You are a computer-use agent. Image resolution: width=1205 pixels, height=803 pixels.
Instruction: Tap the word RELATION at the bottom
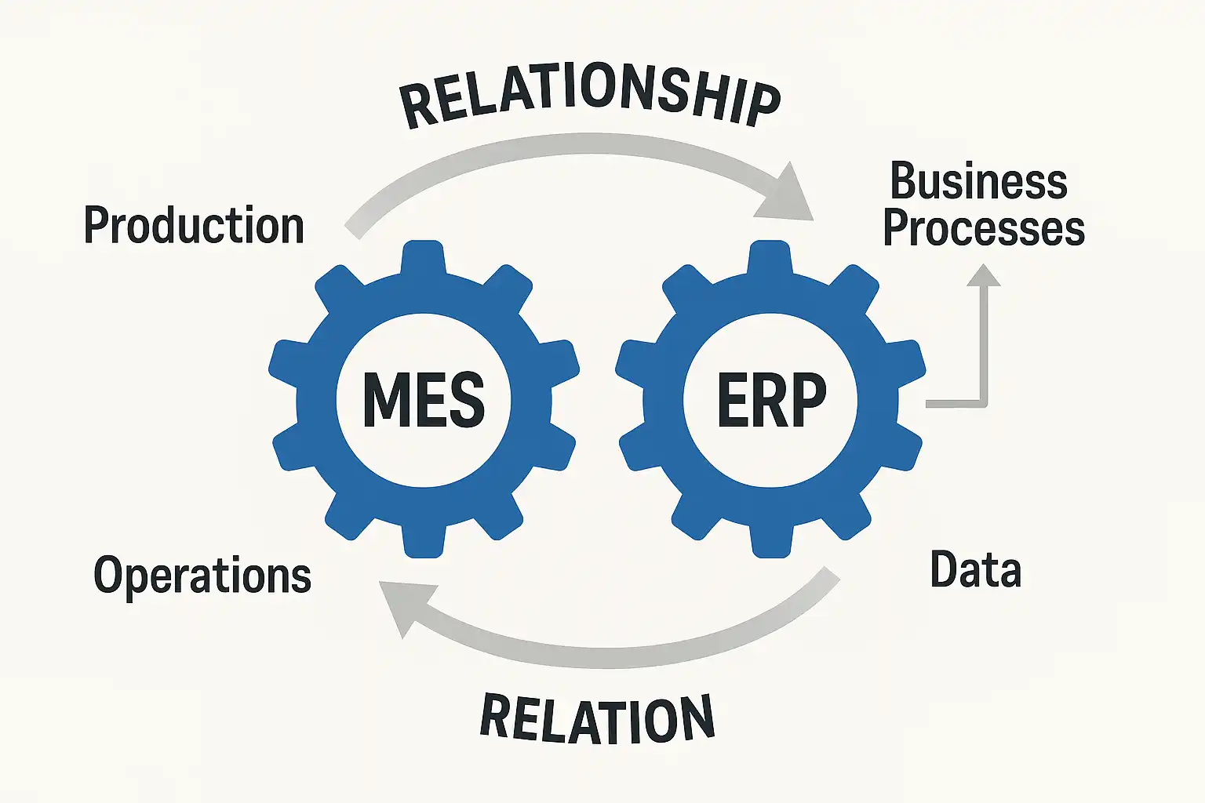(x=597, y=718)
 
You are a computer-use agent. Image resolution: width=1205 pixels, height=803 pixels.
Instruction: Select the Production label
(x=194, y=226)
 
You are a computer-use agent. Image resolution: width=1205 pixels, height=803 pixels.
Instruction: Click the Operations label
(x=202, y=576)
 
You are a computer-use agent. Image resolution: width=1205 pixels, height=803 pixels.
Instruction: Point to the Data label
(x=975, y=569)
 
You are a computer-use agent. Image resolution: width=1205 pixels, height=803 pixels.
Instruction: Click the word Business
(x=978, y=182)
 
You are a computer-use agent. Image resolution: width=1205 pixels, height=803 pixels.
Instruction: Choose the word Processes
(x=984, y=228)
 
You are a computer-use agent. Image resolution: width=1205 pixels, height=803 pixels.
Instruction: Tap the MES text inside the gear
(x=424, y=400)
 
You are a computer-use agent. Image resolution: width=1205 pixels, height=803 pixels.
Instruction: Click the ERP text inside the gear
(x=772, y=400)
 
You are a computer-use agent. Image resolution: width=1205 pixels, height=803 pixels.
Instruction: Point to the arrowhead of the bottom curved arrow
(x=400, y=608)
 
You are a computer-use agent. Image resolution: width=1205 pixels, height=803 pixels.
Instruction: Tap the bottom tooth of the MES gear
(x=424, y=541)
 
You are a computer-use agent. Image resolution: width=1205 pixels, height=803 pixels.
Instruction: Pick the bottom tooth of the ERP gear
(x=771, y=541)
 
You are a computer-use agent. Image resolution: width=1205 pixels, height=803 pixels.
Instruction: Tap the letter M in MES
(x=384, y=400)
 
